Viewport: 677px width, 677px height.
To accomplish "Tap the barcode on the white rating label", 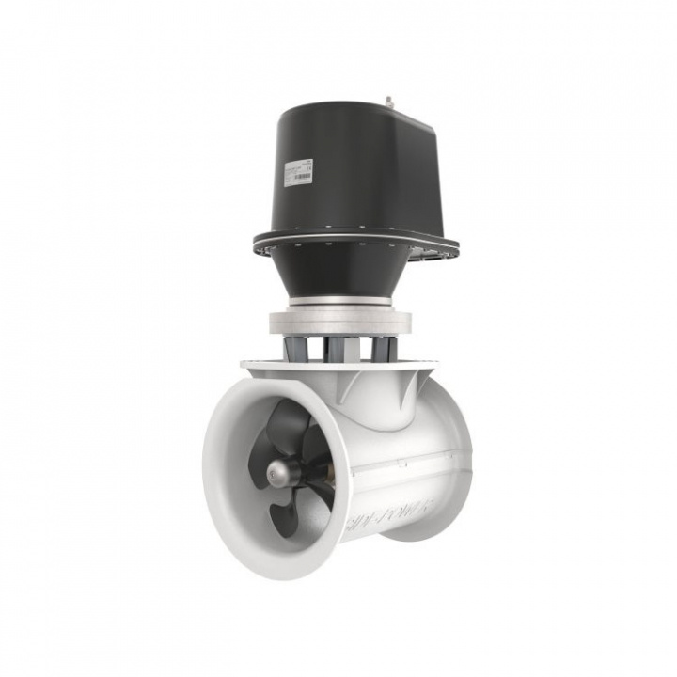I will click(x=301, y=177).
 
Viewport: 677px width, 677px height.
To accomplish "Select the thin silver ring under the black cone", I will click(x=342, y=301).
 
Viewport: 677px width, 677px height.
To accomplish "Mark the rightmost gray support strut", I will click(x=381, y=347).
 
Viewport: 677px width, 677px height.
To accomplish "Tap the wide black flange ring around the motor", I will click(x=357, y=241).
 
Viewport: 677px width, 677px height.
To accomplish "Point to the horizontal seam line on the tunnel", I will click(x=404, y=461).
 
